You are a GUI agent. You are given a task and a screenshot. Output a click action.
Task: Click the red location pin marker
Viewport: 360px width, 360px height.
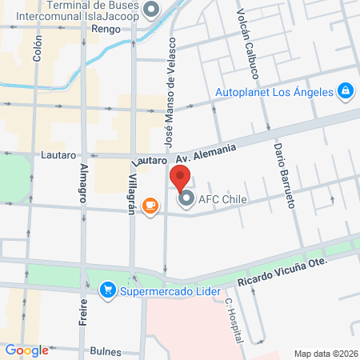pos(180,177)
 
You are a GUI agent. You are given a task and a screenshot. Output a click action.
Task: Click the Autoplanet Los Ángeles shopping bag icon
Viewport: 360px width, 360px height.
pos(346,91)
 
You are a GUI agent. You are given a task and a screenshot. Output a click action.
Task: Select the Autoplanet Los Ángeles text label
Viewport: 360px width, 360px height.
pos(274,91)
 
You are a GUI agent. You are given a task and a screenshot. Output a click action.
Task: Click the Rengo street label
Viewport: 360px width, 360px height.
pos(106,28)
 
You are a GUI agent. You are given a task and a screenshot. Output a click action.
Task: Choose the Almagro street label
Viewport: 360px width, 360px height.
pos(83,183)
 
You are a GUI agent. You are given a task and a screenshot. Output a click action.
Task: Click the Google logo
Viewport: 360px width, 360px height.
pos(27,350)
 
